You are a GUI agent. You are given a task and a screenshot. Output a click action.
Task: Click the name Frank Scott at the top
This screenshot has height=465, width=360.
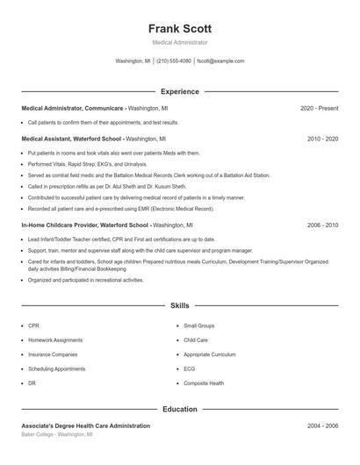click(180, 28)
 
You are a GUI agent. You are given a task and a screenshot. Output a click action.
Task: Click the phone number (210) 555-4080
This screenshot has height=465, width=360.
click(174, 61)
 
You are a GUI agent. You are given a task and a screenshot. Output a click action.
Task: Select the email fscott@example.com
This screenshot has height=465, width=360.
click(220, 61)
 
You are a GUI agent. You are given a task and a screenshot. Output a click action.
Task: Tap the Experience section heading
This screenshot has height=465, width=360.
click(180, 91)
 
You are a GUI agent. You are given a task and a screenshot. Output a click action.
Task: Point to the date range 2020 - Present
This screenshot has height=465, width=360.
click(319, 108)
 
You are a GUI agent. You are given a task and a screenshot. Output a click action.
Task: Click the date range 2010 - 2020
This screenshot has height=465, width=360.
click(322, 139)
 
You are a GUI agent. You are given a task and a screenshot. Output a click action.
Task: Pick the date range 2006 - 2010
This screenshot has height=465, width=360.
click(322, 225)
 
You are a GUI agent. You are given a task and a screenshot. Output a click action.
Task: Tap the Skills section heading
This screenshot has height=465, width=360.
click(180, 305)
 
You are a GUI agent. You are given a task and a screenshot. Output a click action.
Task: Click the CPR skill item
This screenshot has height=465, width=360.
click(33, 325)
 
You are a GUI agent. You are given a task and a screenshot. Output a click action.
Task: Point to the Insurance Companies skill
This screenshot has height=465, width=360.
click(53, 354)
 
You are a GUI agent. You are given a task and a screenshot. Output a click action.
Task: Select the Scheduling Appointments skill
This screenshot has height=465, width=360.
click(56, 368)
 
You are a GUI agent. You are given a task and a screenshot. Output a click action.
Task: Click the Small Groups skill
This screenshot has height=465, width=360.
click(199, 325)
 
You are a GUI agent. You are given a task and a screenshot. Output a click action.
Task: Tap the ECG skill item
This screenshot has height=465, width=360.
click(189, 368)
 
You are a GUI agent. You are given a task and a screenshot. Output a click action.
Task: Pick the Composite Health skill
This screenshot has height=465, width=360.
click(204, 383)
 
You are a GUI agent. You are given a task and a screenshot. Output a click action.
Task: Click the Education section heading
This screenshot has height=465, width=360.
click(180, 409)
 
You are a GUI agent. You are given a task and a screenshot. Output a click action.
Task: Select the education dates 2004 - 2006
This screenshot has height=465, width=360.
click(322, 426)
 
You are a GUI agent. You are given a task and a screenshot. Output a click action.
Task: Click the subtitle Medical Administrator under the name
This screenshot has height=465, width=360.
click(180, 42)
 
